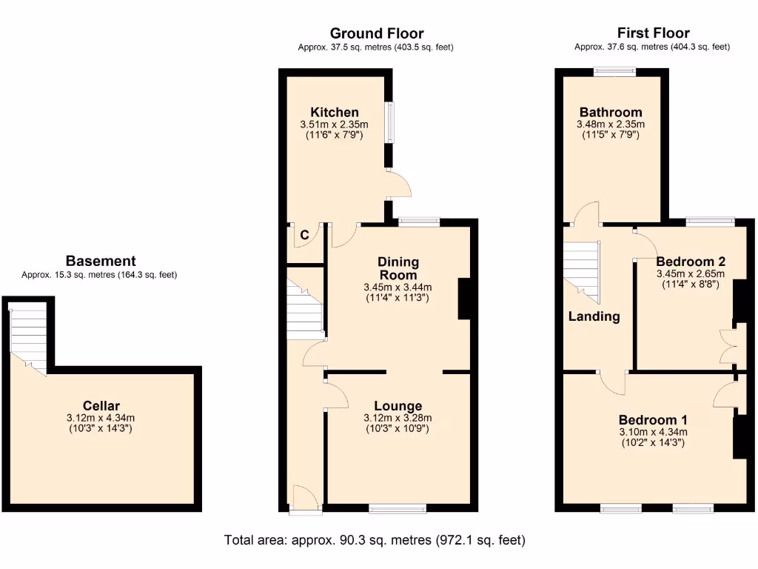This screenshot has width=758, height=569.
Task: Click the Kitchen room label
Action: click(335, 113)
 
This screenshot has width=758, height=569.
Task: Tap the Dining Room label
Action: click(398, 268)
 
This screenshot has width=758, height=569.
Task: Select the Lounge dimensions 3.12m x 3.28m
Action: click(398, 419)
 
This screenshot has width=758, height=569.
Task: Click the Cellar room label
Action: click(101, 405)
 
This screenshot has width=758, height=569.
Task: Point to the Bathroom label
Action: click(610, 113)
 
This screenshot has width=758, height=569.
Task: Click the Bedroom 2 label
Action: click(690, 262)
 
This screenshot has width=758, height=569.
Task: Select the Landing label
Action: click(594, 316)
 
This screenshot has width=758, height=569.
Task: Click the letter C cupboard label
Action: click(304, 235)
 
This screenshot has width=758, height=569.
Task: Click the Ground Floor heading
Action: click(377, 33)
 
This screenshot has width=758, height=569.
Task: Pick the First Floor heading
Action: click(653, 33)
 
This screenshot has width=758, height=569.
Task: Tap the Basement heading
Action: click(101, 261)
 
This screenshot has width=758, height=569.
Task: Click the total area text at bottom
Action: click(375, 540)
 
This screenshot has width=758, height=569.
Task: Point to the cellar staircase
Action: click(29, 337)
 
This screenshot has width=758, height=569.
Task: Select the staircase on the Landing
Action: click(581, 270)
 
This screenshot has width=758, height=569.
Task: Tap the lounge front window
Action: click(398, 508)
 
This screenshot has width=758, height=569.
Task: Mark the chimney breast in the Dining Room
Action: click(464, 299)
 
